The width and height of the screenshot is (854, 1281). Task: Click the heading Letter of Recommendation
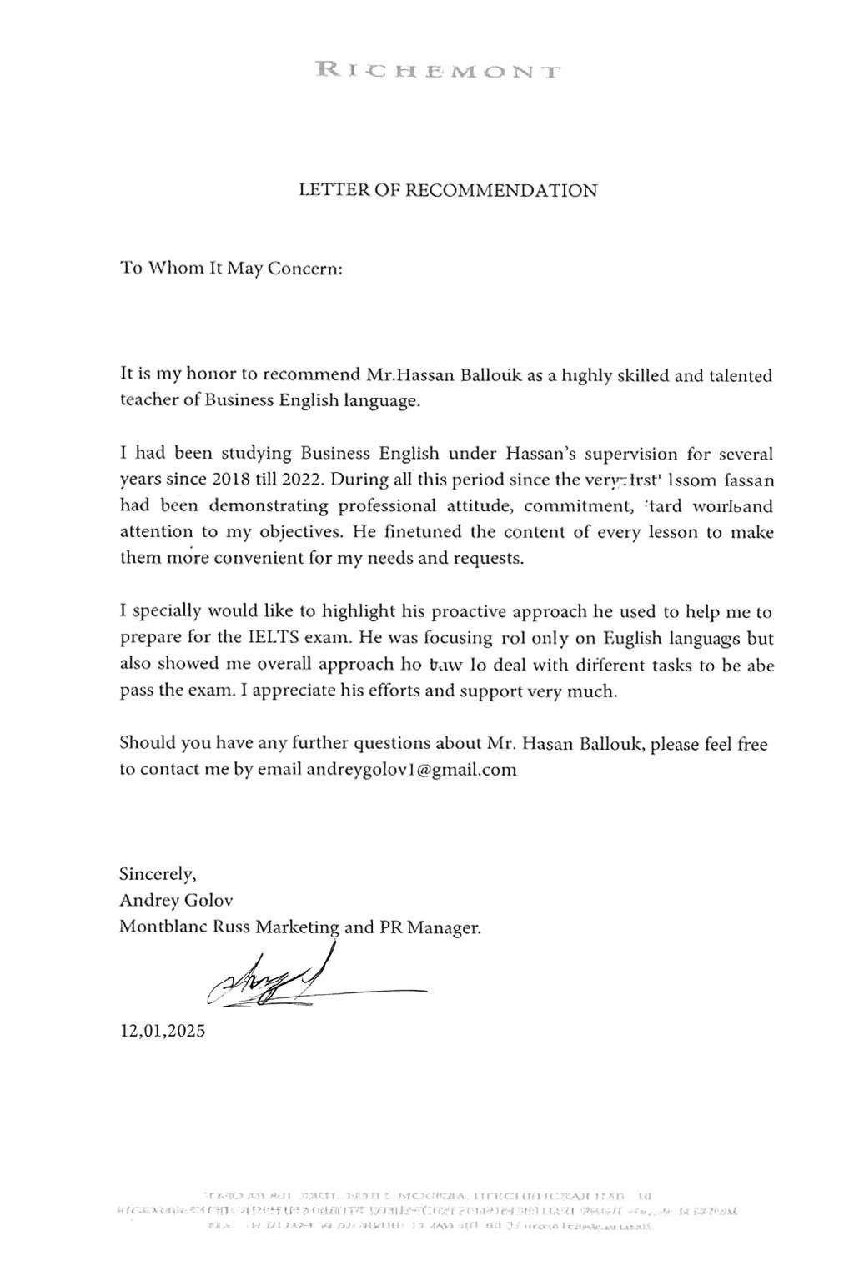(448, 190)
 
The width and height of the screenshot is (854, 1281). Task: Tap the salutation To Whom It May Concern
(231, 269)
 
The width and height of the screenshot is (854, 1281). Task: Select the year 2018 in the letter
(231, 480)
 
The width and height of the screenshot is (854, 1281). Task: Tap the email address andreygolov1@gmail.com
(411, 769)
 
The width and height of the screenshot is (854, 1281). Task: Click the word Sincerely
(158, 875)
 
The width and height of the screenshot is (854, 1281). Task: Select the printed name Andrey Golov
(176, 901)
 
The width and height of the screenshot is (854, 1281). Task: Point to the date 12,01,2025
(163, 1030)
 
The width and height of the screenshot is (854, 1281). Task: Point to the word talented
(741, 375)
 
